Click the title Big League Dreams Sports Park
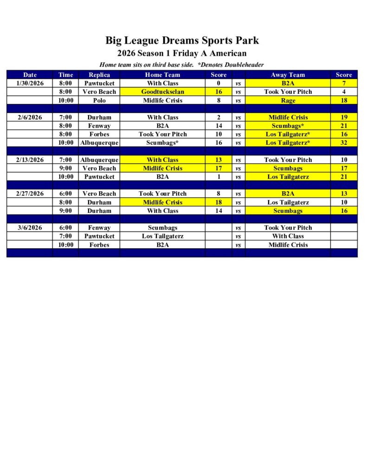182,40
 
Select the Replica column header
99,75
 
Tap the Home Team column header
162,75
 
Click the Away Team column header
288,75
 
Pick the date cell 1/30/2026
30,83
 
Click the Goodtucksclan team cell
162,92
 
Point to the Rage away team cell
288,100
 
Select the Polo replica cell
99,100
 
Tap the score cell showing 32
344,143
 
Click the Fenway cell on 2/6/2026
99,126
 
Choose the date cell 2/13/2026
30,160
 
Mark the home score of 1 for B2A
219,177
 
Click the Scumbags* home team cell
162,143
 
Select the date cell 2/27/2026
30,193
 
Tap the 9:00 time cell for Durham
66,211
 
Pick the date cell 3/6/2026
30,228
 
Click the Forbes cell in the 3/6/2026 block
99,245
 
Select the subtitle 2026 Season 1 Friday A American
182,53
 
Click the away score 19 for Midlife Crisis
344,117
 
